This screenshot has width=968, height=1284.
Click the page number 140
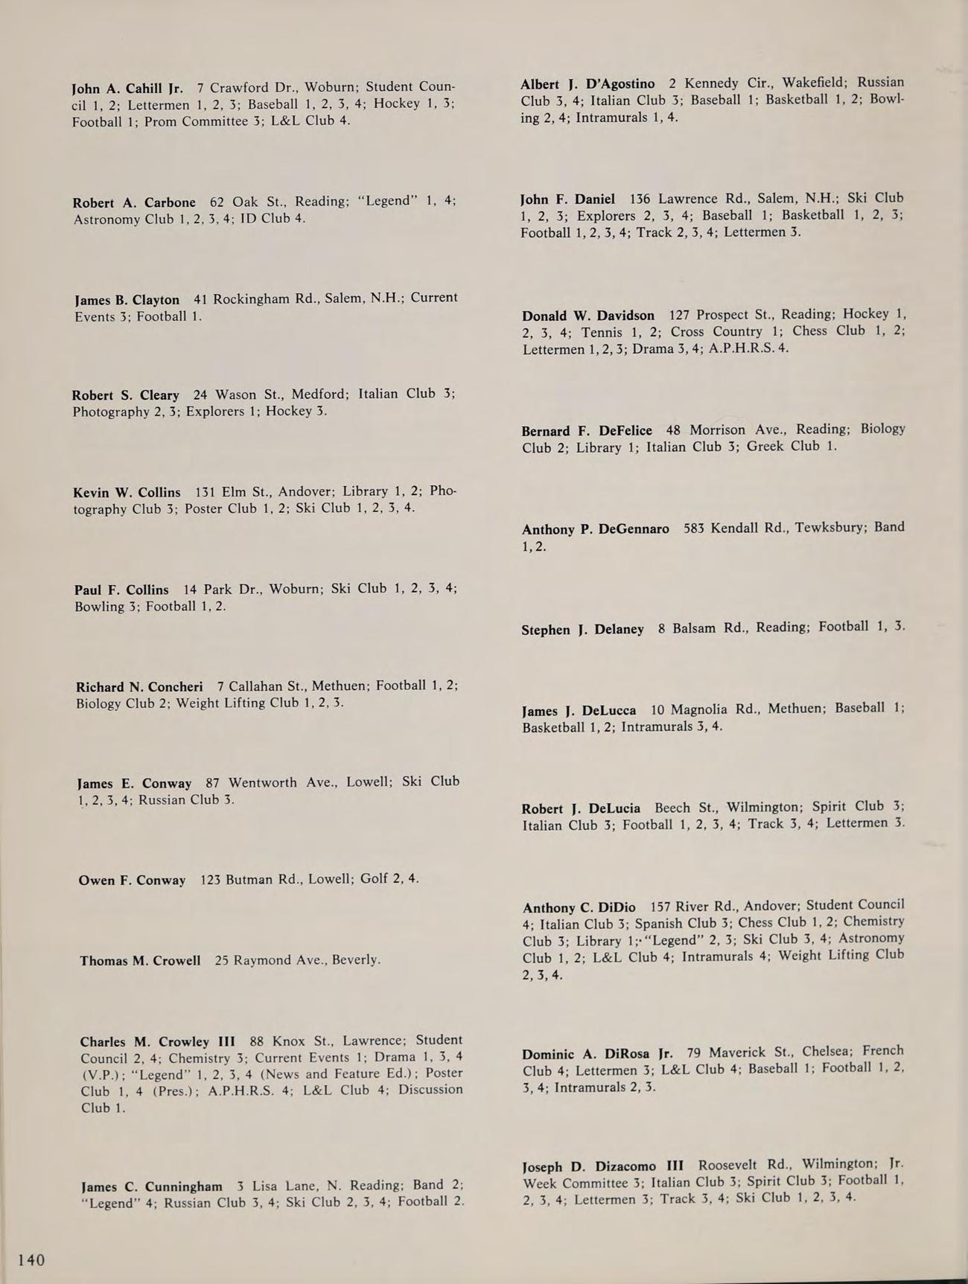click(31, 1259)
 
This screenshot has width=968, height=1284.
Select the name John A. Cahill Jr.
click(127, 89)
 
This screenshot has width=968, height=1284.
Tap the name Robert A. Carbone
click(134, 202)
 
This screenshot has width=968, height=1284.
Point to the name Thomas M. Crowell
click(140, 961)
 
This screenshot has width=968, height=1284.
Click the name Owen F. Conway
click(132, 881)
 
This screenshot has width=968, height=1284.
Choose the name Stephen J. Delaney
click(582, 630)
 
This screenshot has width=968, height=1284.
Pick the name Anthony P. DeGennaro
click(595, 529)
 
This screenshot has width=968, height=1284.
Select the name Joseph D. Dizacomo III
click(602, 1166)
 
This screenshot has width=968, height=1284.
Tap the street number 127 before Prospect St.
click(679, 315)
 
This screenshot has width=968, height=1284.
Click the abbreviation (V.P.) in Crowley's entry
click(102, 1075)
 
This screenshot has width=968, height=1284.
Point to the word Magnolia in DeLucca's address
click(700, 709)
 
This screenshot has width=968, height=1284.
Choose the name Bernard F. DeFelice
click(586, 430)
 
